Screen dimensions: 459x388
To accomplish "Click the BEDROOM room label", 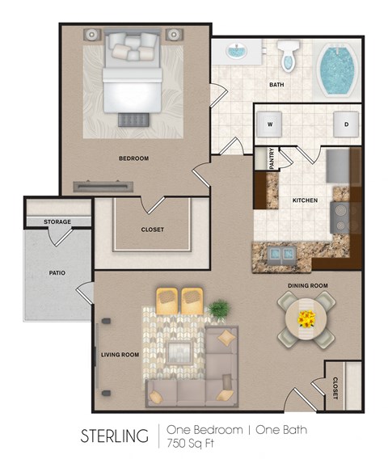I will click(133, 158).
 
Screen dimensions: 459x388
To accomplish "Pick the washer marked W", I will click(269, 124).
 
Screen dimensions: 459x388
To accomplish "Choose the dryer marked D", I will click(346, 124).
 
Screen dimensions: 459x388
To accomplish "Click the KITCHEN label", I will click(305, 200).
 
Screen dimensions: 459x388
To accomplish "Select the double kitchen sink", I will click(282, 255).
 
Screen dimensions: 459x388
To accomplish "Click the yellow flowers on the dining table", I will click(306, 318).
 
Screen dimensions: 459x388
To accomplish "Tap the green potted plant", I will click(218, 309).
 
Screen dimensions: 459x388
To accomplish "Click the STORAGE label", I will click(57, 221).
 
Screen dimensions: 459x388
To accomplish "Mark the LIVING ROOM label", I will click(120, 354).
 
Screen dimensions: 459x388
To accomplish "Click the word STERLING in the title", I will click(114, 437).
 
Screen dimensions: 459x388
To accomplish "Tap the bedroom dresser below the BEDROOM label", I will click(103, 186).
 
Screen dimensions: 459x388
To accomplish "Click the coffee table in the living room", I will click(179, 351).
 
